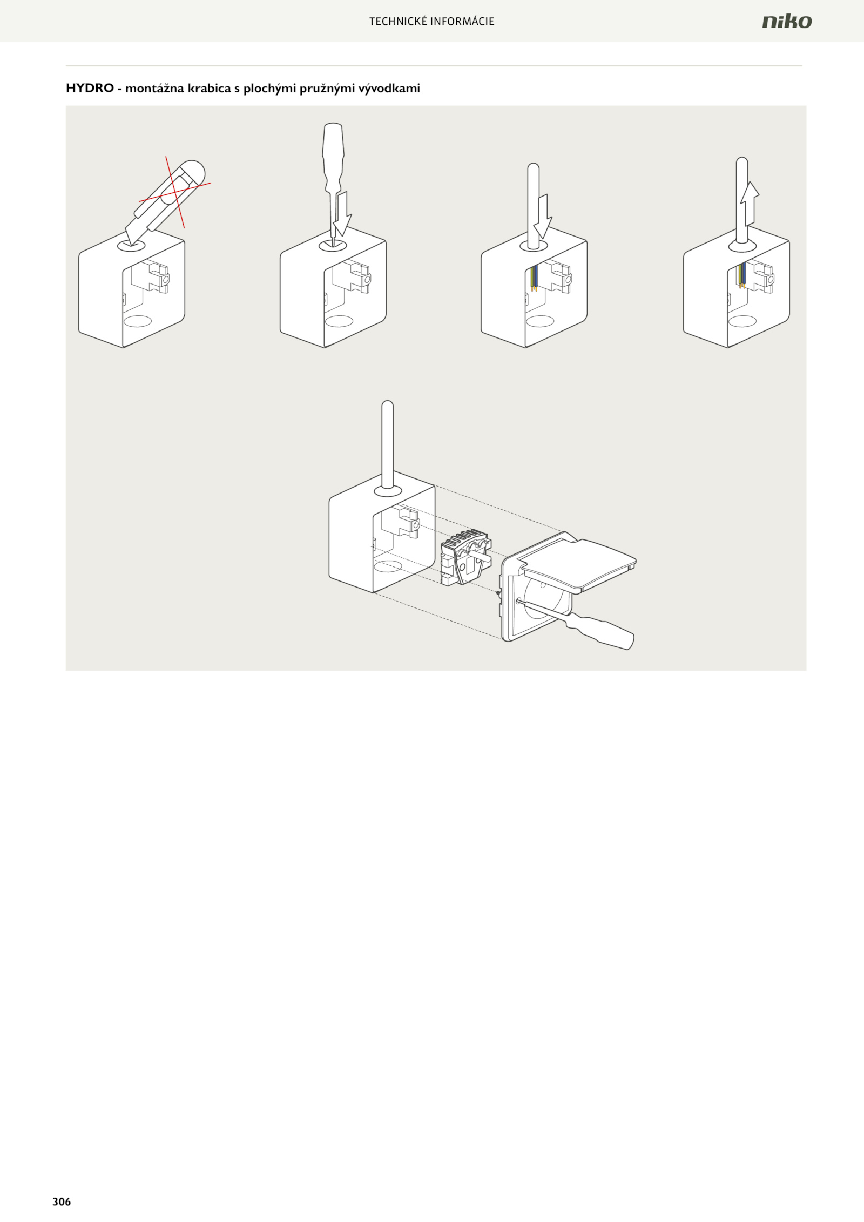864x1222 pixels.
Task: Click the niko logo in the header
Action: click(787, 21)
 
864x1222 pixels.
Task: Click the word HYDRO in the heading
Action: click(90, 88)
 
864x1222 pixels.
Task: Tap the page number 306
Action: click(62, 1201)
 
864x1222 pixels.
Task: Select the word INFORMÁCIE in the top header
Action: click(462, 22)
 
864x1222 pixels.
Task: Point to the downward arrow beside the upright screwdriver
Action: click(342, 214)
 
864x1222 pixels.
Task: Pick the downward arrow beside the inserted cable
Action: click(543, 217)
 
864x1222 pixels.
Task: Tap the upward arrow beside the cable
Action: click(750, 204)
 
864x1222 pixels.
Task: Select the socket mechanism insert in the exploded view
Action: click(465, 558)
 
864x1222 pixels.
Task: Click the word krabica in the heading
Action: click(209, 88)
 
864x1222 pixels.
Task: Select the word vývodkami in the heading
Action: click(389, 89)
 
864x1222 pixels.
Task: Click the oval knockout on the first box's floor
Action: click(138, 321)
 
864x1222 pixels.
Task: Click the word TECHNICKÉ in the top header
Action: click(398, 22)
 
